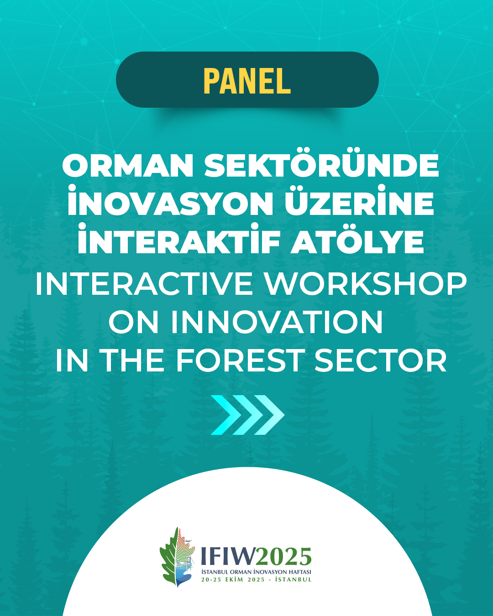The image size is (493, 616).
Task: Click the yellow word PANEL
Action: [247, 81]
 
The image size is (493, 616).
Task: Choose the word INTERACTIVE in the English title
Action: [144, 284]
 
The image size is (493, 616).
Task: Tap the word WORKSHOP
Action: [365, 284]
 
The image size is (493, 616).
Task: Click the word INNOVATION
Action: [277, 322]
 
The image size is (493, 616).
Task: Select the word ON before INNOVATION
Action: [133, 322]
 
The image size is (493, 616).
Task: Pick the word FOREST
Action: [239, 360]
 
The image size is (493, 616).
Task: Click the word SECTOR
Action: [380, 360]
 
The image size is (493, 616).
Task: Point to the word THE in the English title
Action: [133, 360]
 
